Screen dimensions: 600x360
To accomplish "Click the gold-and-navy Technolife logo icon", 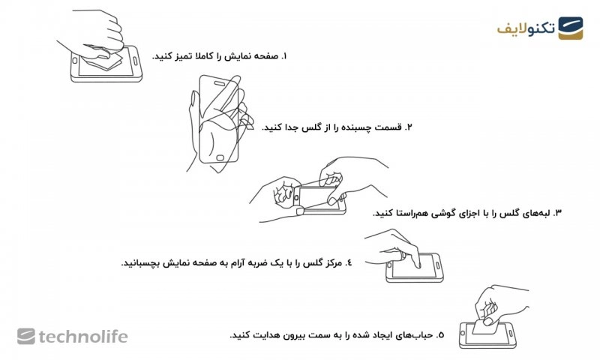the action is click(570, 28).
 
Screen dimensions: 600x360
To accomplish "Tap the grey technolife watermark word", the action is click(83, 337).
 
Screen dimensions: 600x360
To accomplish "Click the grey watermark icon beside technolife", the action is click(26, 336).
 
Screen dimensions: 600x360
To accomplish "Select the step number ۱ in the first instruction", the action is click(283, 56).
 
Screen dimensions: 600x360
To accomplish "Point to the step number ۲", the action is click(409, 127).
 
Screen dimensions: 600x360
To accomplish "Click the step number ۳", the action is click(557, 213).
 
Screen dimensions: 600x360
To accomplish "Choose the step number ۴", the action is click(348, 263).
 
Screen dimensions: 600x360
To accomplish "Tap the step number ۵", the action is click(440, 335).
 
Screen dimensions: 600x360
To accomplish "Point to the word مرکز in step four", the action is click(331, 263).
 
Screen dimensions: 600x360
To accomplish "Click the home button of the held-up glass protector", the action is click(220, 157).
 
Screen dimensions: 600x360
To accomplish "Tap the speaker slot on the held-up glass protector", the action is click(220, 83).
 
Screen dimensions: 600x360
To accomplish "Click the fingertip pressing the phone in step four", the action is click(418, 265).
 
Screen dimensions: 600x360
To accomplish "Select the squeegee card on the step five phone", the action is click(484, 326).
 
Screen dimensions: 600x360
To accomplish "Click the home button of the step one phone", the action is click(75, 61).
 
